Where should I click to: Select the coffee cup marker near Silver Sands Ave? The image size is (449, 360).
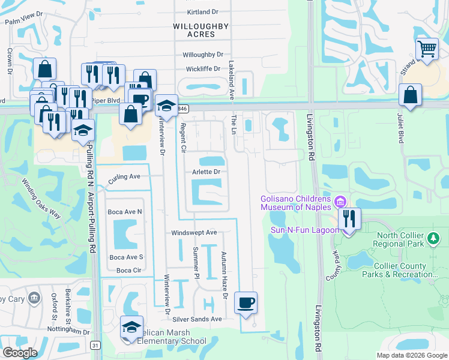point(245,302)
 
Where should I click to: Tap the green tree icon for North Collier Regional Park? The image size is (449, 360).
point(432,239)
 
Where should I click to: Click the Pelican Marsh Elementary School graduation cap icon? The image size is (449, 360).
point(132,326)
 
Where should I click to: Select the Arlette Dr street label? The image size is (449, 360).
point(206,172)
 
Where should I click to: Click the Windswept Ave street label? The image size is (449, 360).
point(194,232)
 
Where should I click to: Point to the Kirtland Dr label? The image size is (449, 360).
point(202,12)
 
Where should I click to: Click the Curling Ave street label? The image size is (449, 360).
point(124,177)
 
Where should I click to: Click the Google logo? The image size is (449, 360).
point(20,353)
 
